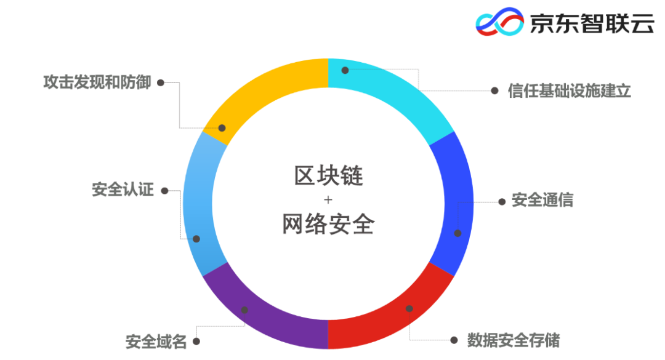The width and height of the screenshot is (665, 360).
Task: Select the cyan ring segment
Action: coord(394,92)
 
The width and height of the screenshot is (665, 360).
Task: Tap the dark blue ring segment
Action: coord(456,203)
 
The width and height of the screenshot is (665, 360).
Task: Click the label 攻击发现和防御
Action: coord(97,82)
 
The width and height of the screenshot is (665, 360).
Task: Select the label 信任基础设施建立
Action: coord(570,90)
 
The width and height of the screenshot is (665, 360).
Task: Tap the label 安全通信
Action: coord(542,201)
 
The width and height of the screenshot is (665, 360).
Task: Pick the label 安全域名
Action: coord(156,341)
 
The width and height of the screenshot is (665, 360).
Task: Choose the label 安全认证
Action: coord(123,190)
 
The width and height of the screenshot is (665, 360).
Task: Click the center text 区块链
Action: coord(328,177)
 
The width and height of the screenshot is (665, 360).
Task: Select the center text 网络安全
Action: coord(328,224)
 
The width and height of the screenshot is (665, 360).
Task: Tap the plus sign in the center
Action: coord(328,200)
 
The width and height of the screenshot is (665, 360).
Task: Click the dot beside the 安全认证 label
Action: coord(164,191)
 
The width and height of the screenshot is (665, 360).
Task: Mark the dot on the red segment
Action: coord(409,308)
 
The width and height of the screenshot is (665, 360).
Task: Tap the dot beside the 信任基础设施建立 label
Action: coord(494,90)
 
